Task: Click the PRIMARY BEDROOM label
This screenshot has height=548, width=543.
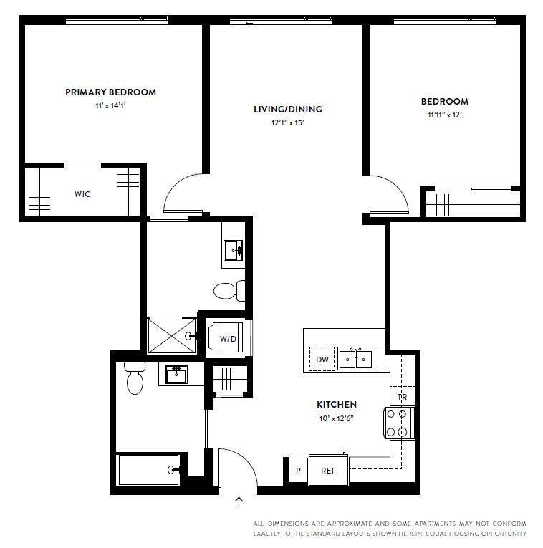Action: click(110, 92)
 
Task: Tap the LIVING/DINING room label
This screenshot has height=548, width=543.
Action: click(287, 110)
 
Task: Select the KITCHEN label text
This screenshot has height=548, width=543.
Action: click(336, 405)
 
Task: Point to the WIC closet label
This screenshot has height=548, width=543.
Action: click(82, 194)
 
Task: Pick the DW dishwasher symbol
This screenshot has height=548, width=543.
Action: click(322, 360)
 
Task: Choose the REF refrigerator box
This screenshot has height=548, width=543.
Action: click(328, 471)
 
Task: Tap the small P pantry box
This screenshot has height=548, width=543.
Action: click(297, 471)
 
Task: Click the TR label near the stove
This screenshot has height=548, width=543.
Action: click(403, 398)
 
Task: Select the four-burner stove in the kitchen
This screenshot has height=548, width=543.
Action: click(399, 423)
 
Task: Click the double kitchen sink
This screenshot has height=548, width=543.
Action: click(355, 357)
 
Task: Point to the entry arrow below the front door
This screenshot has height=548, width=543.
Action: click(239, 503)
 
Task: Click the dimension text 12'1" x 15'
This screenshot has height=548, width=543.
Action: click(287, 122)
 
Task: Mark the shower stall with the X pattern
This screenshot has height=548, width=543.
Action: click(170, 335)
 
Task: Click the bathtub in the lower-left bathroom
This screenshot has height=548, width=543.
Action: click(149, 470)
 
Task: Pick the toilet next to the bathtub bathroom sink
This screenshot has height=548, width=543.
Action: click(134, 380)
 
